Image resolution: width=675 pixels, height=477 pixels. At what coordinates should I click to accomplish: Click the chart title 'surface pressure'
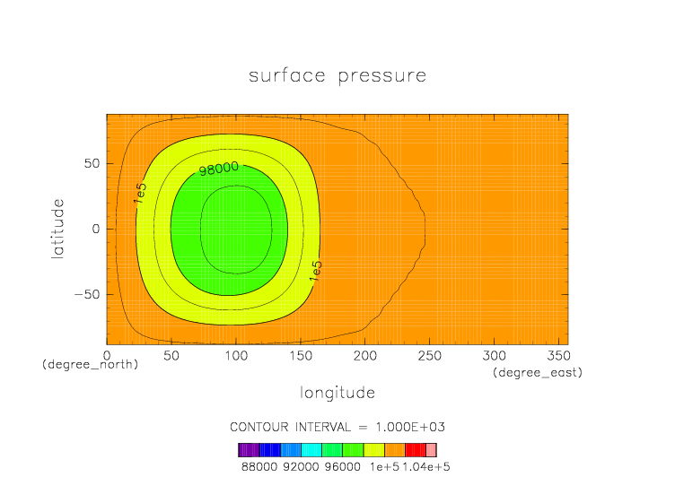click(x=337, y=76)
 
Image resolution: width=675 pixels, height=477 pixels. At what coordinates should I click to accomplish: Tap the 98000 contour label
click(x=219, y=169)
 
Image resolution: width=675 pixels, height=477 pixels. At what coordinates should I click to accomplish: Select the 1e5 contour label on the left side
click(x=140, y=193)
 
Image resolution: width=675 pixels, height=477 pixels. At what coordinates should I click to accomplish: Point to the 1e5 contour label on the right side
click(x=316, y=271)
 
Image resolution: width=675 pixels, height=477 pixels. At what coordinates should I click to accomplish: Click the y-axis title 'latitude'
click(x=57, y=229)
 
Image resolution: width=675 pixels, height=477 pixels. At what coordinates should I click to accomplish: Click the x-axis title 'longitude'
click(x=337, y=393)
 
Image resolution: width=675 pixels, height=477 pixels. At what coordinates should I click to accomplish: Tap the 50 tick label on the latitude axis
click(x=92, y=163)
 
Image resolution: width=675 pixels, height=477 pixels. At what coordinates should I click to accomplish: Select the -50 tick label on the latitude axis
click(x=87, y=295)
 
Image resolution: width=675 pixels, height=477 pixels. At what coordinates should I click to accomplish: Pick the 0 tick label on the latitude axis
click(x=95, y=229)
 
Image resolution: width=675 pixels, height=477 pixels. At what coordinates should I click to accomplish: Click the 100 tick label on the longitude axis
click(x=236, y=356)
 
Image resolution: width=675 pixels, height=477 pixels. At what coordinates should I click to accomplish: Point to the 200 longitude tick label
click(x=365, y=356)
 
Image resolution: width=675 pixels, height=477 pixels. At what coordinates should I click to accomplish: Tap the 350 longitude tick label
click(x=559, y=356)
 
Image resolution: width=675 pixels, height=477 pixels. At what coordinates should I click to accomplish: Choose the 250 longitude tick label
click(x=430, y=356)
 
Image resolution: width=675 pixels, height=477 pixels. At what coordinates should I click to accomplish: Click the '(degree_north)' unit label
click(x=90, y=365)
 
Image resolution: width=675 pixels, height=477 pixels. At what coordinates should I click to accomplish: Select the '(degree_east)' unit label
click(x=538, y=372)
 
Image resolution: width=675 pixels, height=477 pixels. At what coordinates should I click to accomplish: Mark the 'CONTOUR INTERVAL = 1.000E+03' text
click(x=337, y=427)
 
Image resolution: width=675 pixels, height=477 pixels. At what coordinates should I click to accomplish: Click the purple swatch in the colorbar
click(x=249, y=450)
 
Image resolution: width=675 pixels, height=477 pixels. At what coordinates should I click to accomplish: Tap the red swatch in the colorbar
click(x=416, y=450)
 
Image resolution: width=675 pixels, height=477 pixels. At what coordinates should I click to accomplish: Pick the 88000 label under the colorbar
click(x=259, y=467)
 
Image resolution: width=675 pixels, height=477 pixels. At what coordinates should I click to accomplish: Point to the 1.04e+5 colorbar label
click(x=426, y=467)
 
